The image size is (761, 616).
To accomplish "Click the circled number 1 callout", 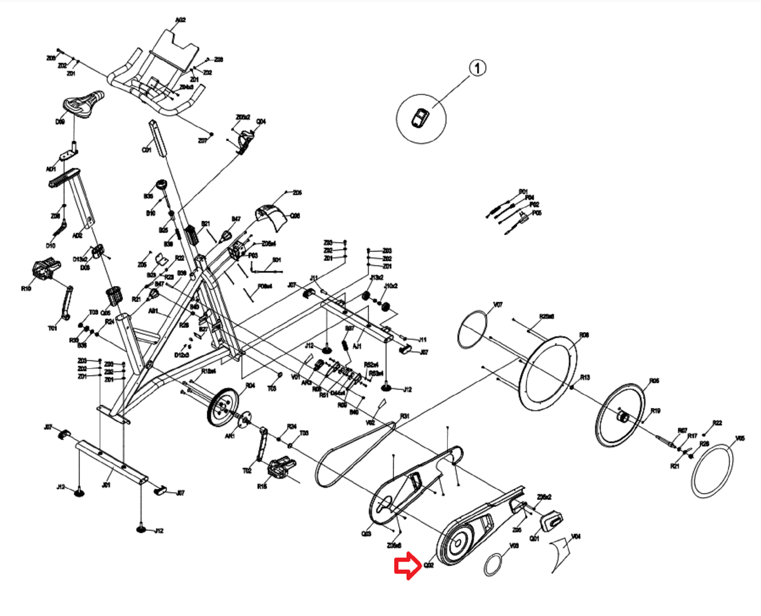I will click(477, 68).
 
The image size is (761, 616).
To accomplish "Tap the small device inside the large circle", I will click(420, 118).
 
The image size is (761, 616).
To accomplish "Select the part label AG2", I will click(180, 20).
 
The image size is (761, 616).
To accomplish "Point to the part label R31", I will click(405, 416).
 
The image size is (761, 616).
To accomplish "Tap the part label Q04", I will click(261, 122).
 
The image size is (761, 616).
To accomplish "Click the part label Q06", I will click(295, 216).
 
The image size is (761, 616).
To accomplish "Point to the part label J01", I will click(106, 485).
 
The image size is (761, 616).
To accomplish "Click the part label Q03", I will click(366, 533).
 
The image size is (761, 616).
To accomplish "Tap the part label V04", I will click(576, 536).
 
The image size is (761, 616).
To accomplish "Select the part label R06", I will click(584, 335).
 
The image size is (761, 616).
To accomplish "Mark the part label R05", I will click(654, 381).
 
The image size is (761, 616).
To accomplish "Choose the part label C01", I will click(146, 150).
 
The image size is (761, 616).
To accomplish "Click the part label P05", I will click(536, 213).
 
